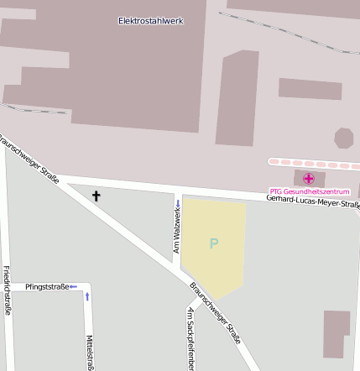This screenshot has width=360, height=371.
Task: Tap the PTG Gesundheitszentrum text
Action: (309, 191)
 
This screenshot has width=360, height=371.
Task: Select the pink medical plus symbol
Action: (309, 178)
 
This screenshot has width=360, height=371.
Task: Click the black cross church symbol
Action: (96, 196)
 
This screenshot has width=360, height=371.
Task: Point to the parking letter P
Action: (214, 244)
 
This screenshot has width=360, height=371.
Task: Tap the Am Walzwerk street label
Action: (177, 232)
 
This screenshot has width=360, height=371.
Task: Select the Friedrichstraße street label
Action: (7, 290)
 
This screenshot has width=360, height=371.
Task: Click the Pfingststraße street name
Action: (47, 287)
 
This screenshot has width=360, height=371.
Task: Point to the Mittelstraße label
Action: (90, 352)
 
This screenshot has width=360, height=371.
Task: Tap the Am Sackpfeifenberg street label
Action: (190, 339)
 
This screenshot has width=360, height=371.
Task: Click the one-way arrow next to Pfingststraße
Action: (73, 287)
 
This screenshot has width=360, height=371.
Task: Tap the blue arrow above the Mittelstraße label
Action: (87, 296)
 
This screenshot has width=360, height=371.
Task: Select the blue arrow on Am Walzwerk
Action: (178, 204)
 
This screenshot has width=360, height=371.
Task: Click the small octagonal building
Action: (344, 138)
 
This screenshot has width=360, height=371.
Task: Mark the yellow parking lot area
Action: (213, 248)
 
